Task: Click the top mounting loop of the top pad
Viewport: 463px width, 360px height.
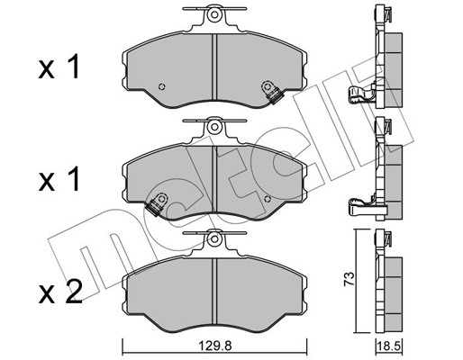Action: tap(213, 15)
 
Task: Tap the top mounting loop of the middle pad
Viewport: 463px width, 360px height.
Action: tap(213, 129)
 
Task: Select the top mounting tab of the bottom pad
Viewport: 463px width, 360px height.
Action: tap(213, 238)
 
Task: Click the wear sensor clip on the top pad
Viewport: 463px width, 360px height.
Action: tap(269, 90)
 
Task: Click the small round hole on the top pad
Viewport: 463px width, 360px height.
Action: tap(160, 87)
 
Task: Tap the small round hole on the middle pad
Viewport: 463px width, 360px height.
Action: tap(268, 198)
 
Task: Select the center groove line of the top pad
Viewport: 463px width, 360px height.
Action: tap(213, 67)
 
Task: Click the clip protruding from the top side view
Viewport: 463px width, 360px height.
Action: tap(359, 93)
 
